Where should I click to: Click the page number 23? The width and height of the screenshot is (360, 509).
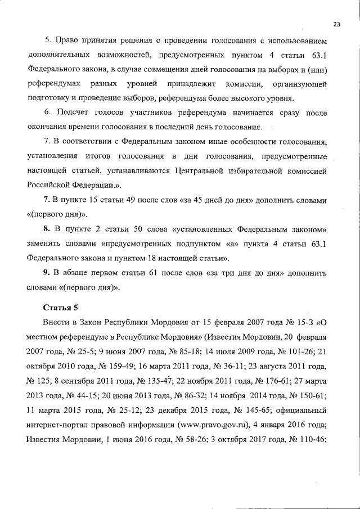tap(337, 24)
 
